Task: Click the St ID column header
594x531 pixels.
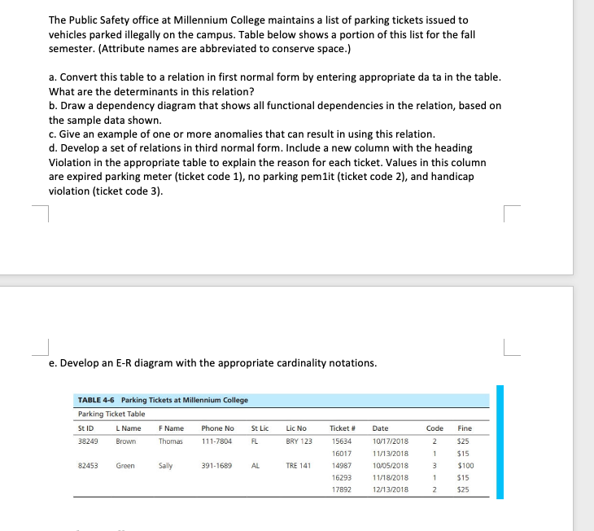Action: (85, 428)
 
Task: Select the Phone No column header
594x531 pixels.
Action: (217, 428)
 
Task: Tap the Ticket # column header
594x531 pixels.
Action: (341, 428)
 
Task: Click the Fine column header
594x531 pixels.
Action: (465, 428)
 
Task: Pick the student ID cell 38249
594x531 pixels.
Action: (88, 441)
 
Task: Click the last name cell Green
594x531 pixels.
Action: (125, 465)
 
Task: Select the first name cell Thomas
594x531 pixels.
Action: (171, 441)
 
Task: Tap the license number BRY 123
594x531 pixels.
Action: (299, 441)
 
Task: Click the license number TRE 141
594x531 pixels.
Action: (299, 465)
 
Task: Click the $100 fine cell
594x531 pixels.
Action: (465, 465)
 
